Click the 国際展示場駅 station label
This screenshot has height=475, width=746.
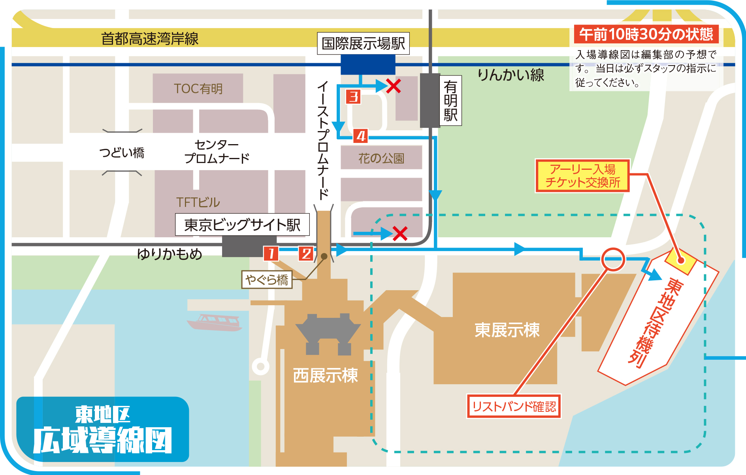tap(363, 43)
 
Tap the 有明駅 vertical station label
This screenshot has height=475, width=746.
tap(450, 101)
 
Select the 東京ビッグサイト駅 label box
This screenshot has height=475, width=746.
tap(242, 225)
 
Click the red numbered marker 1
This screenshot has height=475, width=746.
tap(271, 253)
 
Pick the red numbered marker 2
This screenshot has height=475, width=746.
tap(306, 253)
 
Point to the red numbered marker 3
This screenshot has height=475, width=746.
tap(353, 96)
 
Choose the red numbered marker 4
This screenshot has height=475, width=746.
tap(360, 136)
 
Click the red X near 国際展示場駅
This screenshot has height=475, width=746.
tap(394, 86)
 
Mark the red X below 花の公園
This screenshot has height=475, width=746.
tap(400, 233)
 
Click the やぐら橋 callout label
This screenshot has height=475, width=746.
tap(267, 280)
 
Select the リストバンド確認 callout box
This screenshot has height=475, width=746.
tap(514, 406)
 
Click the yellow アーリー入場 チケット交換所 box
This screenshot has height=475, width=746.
tap(582, 176)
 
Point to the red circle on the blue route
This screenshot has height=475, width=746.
tap(613, 259)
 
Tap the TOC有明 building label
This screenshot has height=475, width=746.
tap(198, 88)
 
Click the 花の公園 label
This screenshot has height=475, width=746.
tap(381, 158)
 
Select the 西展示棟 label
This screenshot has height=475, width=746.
tap(325, 375)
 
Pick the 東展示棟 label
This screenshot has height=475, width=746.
tap(507, 330)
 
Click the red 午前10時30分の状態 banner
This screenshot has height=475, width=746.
tap(646, 34)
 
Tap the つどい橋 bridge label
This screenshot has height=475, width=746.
tap(122, 152)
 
